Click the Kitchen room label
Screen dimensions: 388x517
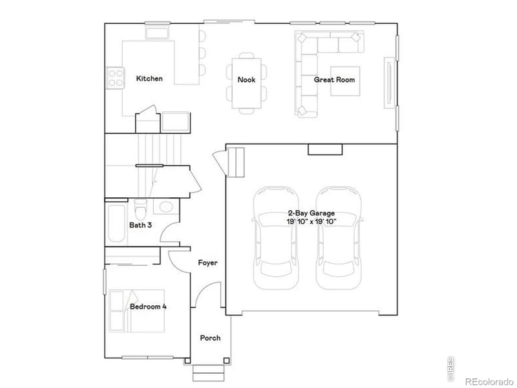click(x=149, y=79)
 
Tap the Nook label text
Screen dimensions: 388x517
click(x=246, y=80)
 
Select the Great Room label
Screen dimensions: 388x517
click(x=334, y=80)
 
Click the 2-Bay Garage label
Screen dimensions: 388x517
click(x=311, y=213)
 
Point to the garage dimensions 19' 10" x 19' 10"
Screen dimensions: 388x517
click(x=311, y=221)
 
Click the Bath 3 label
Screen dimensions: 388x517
click(x=140, y=226)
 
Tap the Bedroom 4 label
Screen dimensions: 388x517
click(x=148, y=307)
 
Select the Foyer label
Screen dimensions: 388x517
click(x=207, y=263)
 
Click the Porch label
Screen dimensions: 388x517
click(x=210, y=338)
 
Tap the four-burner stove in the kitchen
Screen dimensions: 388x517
click(x=116, y=78)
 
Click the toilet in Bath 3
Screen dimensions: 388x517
click(x=141, y=210)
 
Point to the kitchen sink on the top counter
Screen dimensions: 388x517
click(x=156, y=32)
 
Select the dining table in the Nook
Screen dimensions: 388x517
click(x=246, y=83)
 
